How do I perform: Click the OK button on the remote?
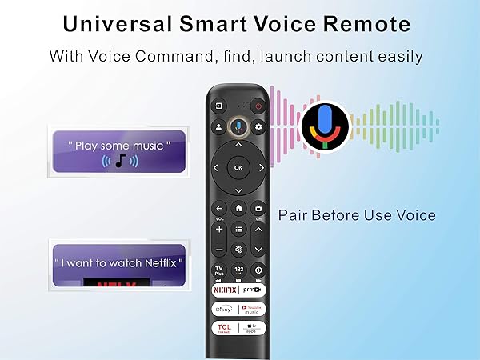point(238,166)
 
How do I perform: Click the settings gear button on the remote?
point(258,127)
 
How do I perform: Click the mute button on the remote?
point(238,250)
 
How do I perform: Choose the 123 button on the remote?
point(238,270)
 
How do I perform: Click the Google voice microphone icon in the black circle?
point(325,126)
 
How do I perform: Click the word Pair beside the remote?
point(293,215)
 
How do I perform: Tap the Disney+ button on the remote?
point(222,309)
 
